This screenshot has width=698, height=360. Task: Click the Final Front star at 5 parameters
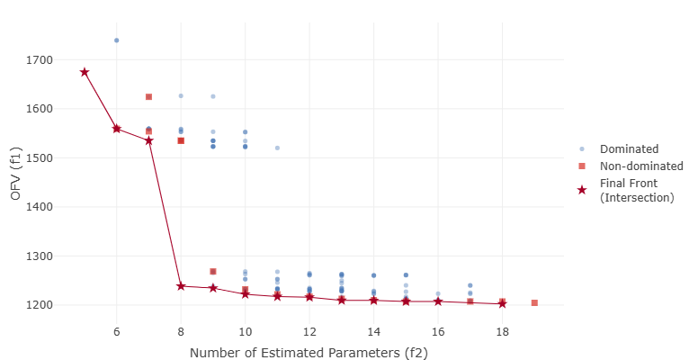pyautogui.click(x=85, y=72)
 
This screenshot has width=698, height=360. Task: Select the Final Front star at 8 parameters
pyautogui.click(x=181, y=286)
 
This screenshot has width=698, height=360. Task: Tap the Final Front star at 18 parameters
pyautogui.click(x=502, y=303)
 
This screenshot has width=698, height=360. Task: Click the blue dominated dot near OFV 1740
pyautogui.click(x=117, y=40)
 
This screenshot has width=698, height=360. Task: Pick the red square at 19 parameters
pyautogui.click(x=534, y=303)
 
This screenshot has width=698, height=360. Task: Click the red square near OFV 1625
pyautogui.click(x=148, y=96)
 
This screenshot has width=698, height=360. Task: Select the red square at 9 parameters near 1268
pyautogui.click(x=213, y=272)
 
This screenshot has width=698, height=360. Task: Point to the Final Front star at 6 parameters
pyautogui.click(x=117, y=129)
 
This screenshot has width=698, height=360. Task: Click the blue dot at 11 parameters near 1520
pyautogui.click(x=277, y=148)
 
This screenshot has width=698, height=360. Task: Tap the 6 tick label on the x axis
pyautogui.click(x=117, y=331)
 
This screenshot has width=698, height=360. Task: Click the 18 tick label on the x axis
pyautogui.click(x=502, y=331)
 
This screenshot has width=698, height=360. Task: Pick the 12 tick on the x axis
pyautogui.click(x=309, y=331)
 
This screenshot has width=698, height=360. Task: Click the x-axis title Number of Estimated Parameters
pyautogui.click(x=309, y=352)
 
